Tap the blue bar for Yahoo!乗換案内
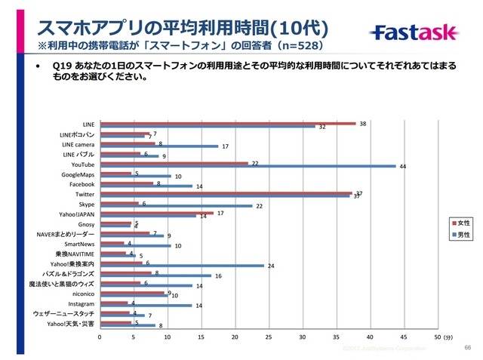click(182, 266)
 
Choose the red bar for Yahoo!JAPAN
click(157, 213)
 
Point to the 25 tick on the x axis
click(269, 337)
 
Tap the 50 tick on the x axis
click(437, 337)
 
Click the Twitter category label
click(85, 194)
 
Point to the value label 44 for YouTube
click(403, 167)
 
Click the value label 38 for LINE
click(363, 122)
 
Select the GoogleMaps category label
click(78, 174)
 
